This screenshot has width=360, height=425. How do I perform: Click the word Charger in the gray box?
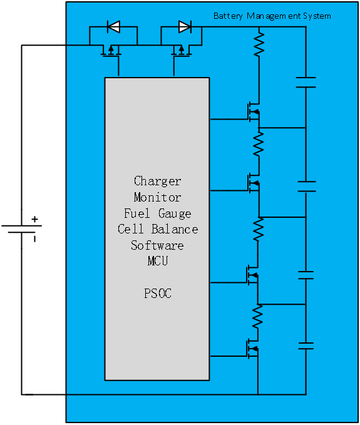[x=158, y=182]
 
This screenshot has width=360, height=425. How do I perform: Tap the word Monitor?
[x=158, y=197]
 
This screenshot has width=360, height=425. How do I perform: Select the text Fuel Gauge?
[x=158, y=213]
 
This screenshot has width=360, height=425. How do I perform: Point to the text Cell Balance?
[x=158, y=229]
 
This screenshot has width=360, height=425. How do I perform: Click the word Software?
[x=157, y=245]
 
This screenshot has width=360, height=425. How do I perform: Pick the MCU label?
[x=158, y=261]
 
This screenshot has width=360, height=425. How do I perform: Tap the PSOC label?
[x=158, y=294]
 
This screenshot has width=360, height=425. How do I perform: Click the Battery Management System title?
[x=272, y=16]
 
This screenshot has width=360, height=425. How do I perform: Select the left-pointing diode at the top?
[x=113, y=26]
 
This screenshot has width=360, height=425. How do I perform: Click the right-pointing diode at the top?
[x=185, y=26]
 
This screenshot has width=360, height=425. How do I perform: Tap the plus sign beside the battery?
[x=34, y=219]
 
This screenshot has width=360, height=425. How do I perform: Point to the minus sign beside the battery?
[x=34, y=238]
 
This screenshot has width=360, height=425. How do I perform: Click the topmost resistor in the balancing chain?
[x=259, y=44]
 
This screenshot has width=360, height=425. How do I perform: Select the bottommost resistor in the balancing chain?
[x=257, y=317]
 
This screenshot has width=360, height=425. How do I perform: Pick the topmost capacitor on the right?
[x=306, y=83]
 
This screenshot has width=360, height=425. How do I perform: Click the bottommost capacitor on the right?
[x=306, y=346]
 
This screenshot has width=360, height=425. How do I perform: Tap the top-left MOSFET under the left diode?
[x=111, y=51]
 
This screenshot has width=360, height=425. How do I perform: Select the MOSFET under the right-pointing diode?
[x=182, y=51]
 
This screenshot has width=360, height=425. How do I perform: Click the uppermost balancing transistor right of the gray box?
[x=254, y=111]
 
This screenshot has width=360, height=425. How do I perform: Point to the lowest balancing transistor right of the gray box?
[x=252, y=349]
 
